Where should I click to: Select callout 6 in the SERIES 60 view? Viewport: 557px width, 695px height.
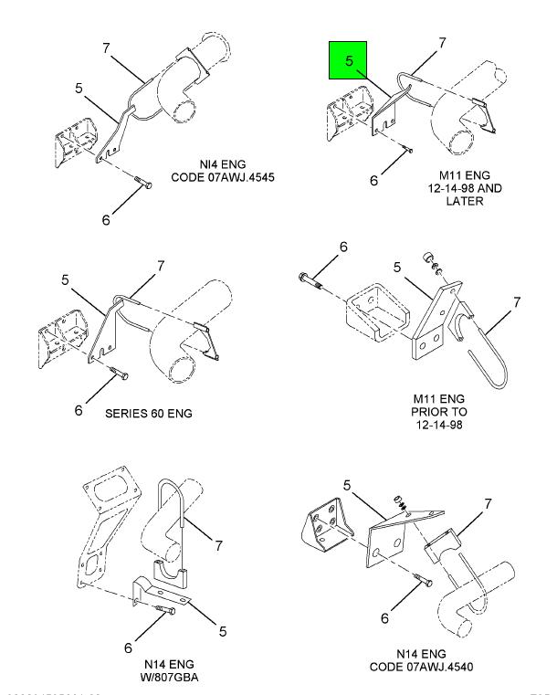coord(80,410)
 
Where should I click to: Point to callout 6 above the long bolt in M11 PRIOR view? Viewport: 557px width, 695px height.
coord(343,247)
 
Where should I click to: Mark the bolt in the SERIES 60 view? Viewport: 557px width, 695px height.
coord(118,373)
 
